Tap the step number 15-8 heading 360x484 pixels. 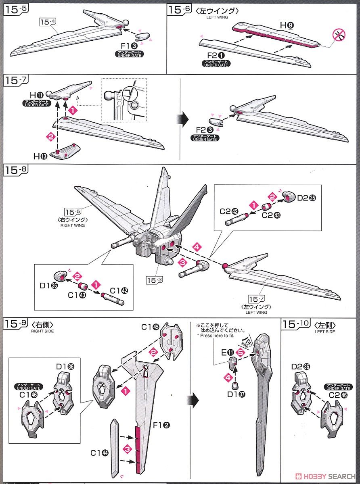[x=16, y=170]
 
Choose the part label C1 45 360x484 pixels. [x=149, y=327]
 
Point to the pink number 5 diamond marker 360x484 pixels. [x=241, y=351]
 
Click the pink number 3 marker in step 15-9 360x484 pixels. [x=128, y=449]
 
